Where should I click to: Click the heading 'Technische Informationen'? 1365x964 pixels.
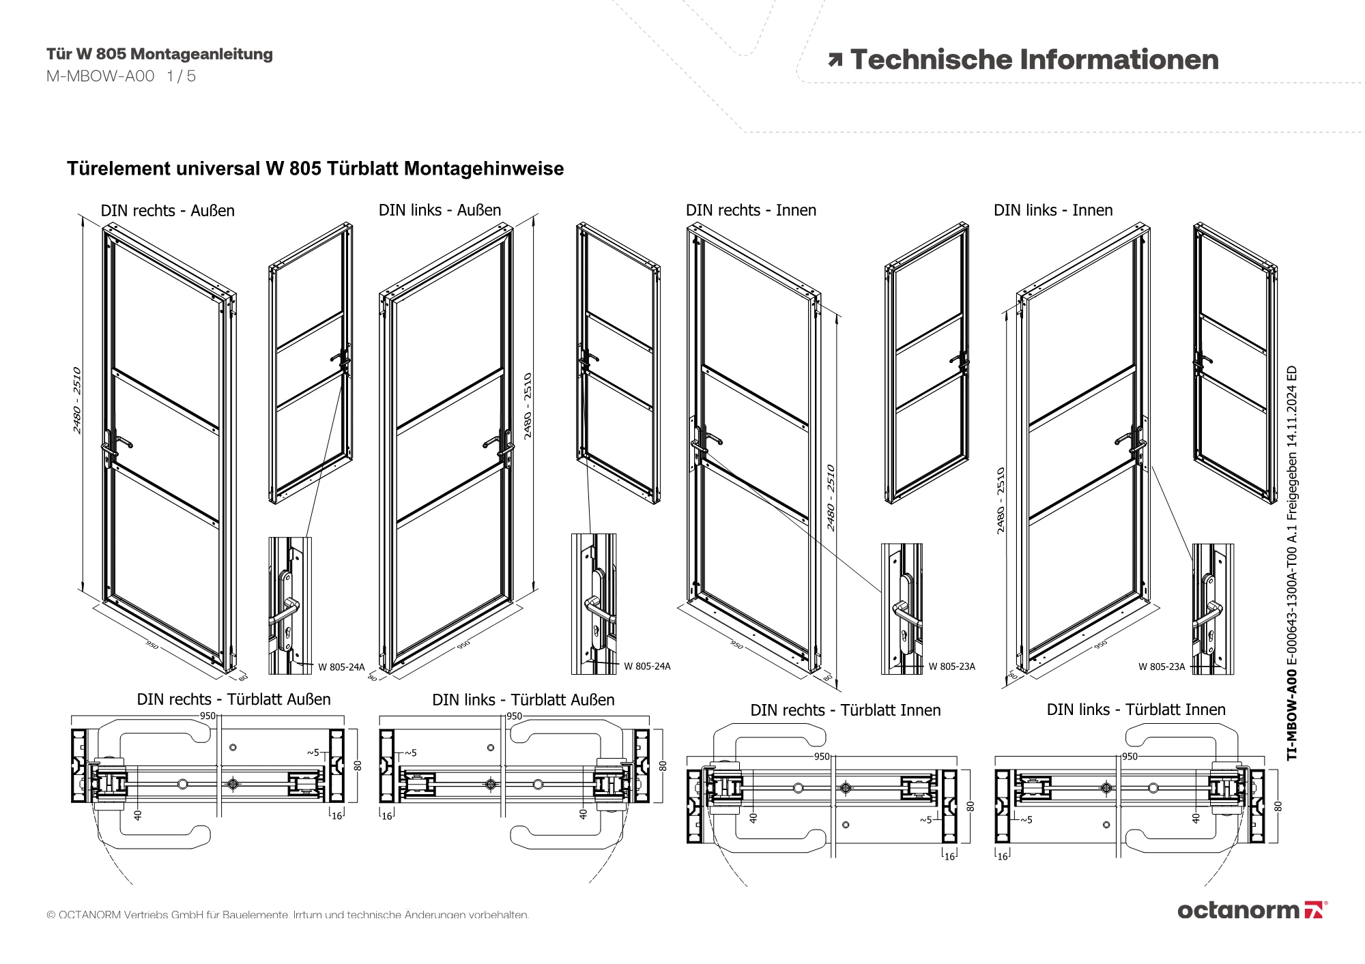pyautogui.click(x=1034, y=60)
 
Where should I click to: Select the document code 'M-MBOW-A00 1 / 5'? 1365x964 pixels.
pyautogui.click(x=121, y=76)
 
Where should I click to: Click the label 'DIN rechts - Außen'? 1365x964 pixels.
pyautogui.click(x=167, y=211)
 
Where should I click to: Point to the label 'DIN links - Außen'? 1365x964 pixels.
pyautogui.click(x=440, y=210)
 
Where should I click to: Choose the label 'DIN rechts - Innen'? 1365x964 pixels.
pyautogui.click(x=751, y=210)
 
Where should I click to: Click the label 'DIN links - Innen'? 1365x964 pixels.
pyautogui.click(x=1052, y=210)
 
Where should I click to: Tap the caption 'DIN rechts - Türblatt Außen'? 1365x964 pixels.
pyautogui.click(x=233, y=699)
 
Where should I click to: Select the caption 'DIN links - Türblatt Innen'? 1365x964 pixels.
pyautogui.click(x=1136, y=710)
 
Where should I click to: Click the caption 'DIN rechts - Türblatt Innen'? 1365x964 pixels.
pyautogui.click(x=845, y=710)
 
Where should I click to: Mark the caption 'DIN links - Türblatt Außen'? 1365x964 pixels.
pyautogui.click(x=523, y=700)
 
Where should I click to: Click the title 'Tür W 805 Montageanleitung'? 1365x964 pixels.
pyautogui.click(x=159, y=54)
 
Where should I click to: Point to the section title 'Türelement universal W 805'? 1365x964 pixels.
pyautogui.click(x=315, y=169)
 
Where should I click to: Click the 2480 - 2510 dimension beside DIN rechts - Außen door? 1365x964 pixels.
pyautogui.click(x=77, y=400)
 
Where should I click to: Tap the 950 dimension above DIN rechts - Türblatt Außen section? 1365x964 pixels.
pyautogui.click(x=207, y=716)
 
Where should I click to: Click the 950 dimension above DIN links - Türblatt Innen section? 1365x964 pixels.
pyautogui.click(x=1130, y=757)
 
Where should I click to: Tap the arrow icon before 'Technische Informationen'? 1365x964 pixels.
pyautogui.click(x=835, y=61)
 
